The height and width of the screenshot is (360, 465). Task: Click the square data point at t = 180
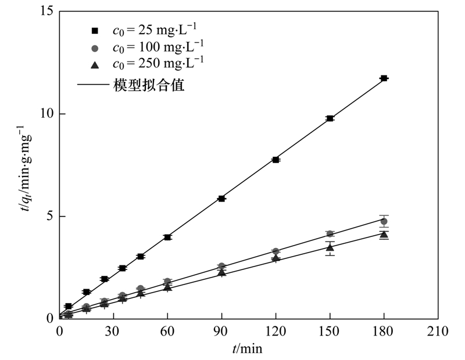[384, 78]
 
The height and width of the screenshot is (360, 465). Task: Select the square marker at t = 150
[330, 118]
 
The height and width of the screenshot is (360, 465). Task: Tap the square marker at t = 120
[276, 159]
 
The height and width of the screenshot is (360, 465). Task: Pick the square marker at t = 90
[221, 199]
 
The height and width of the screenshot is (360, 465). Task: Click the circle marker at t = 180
[384, 221]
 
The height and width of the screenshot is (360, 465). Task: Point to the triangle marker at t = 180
[384, 235]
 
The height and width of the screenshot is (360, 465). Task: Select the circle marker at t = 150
[330, 233]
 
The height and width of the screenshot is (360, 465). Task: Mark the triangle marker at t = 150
[330, 247]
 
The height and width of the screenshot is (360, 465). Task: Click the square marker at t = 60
[167, 237]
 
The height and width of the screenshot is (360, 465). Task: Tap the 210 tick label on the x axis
[438, 332]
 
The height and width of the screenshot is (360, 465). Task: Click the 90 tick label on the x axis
[221, 332]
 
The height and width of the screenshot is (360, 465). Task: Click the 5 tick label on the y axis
[51, 216]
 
